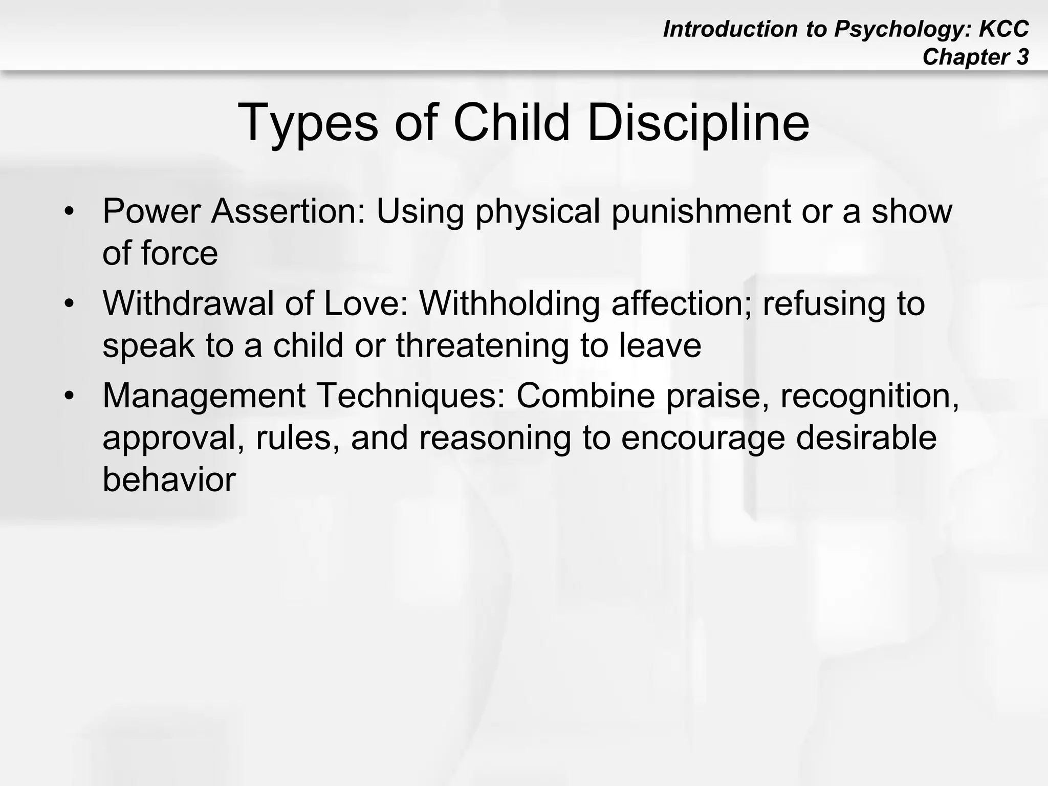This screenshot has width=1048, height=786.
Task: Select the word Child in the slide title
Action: click(x=511, y=123)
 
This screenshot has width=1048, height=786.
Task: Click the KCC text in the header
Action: click(x=1003, y=29)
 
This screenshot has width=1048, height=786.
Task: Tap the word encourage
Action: click(x=703, y=438)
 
